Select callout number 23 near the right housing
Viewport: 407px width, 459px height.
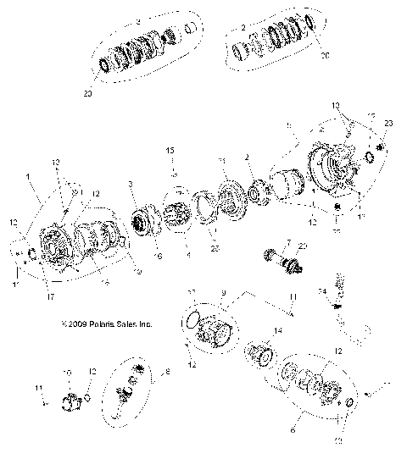point(388,124)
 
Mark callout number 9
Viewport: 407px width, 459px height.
point(223,293)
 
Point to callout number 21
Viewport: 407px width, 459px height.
point(221,161)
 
